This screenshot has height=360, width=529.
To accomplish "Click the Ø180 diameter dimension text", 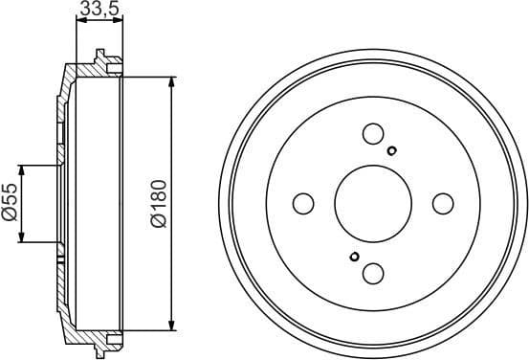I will coord(158,202).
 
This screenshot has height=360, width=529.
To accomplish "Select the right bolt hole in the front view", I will coord(442,203).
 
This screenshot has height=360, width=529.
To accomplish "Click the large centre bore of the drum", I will coord(373,203).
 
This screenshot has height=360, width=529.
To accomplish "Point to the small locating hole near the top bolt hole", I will coord(392,149).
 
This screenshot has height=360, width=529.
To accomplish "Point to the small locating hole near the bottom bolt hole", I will coord(355,256).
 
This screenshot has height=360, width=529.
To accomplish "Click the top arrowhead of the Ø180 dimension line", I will coord(171,84).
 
